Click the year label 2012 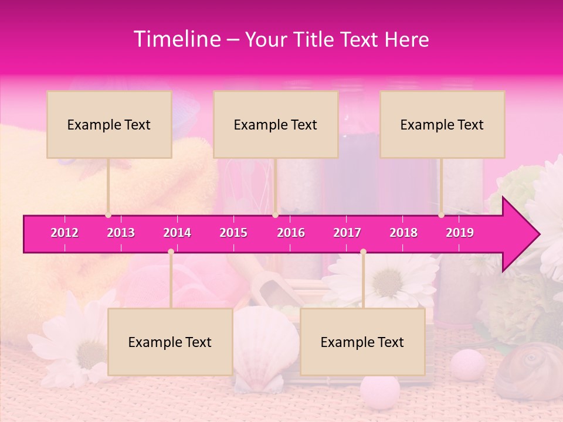[65, 233]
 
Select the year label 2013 [121, 233]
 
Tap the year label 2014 [177, 233]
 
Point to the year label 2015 [233, 233]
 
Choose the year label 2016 [291, 233]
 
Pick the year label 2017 [347, 233]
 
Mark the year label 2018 [403, 233]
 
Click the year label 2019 [460, 233]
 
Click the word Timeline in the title [176, 39]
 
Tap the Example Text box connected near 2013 [109, 124]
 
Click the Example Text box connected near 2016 [276, 124]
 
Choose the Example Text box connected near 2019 [442, 124]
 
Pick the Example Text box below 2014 [170, 342]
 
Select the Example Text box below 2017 [362, 342]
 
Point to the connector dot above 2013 [108, 215]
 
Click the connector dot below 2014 [171, 251]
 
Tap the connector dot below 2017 [363, 251]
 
